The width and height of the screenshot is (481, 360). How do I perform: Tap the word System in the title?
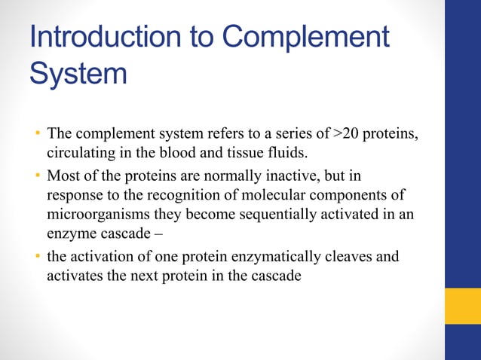coord(78,73)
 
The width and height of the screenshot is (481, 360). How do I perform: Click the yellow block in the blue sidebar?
coord(462,306)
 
